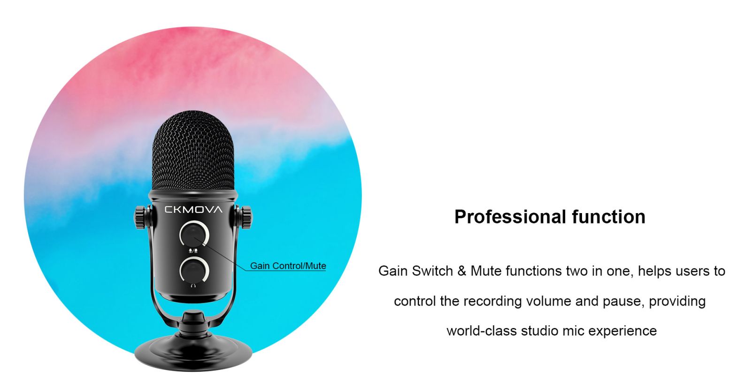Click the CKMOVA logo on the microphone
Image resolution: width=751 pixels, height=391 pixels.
[193, 210]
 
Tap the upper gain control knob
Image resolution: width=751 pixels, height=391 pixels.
[194, 234]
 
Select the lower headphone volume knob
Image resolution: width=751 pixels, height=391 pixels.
[194, 270]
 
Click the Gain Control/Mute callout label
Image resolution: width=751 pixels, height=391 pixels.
[288, 266]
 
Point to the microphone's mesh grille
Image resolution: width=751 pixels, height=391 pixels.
[193, 151]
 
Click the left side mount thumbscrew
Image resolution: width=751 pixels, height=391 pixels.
[140, 218]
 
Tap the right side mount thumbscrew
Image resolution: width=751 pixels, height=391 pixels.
[246, 218]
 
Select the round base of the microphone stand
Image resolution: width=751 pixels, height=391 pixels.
[193, 353]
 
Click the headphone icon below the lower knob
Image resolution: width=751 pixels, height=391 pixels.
[193, 286]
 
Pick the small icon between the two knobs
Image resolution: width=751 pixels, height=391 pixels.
[193, 251]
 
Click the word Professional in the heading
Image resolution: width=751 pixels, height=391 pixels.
[511, 217]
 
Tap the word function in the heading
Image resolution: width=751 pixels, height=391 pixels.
[608, 217]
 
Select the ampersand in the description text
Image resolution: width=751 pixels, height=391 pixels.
[462, 271]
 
